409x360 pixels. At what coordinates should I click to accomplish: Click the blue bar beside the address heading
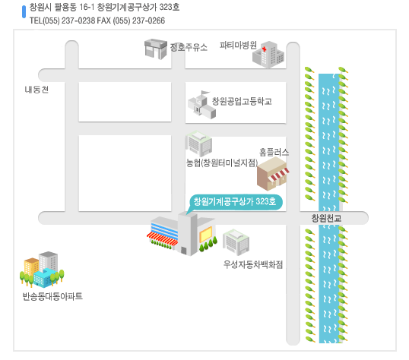pos(24,11)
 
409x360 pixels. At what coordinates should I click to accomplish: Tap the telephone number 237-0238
pos(78,21)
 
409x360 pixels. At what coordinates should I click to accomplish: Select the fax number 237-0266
pos(148,21)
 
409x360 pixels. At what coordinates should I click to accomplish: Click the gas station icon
pos(155,49)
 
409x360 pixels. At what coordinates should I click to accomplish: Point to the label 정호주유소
pos(189,47)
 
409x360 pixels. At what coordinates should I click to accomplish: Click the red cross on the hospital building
pos(265,49)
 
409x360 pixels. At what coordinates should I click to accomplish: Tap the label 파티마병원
pos(238,45)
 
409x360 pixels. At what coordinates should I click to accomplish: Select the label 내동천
pos(36,90)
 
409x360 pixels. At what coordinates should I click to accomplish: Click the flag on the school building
pos(205,93)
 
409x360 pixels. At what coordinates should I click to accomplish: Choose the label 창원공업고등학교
pos(242,101)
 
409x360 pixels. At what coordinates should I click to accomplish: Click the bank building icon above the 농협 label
pos(198,144)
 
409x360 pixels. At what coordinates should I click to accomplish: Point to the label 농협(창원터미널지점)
pos(222,163)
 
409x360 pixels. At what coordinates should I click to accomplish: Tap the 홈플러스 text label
pos(274,152)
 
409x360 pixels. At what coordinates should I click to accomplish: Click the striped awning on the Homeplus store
pos(280,175)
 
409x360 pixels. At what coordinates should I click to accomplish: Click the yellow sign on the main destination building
pos(206,235)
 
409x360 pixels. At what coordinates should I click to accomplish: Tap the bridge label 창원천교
pos(326,218)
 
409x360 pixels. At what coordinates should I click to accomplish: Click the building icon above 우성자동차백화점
pos(236,242)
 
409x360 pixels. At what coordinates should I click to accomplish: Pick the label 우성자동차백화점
pos(253,264)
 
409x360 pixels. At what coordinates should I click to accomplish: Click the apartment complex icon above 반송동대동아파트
pos(42,270)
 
